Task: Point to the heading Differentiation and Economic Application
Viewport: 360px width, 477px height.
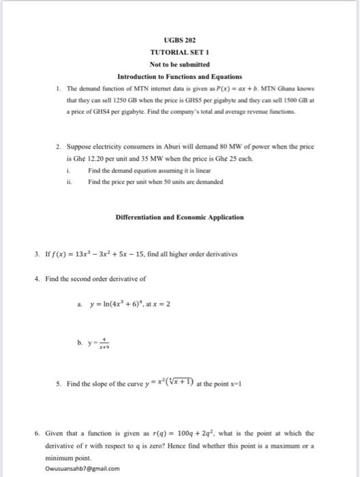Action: click(179, 217)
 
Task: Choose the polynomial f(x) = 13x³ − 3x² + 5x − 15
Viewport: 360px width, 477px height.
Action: click(102, 254)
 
